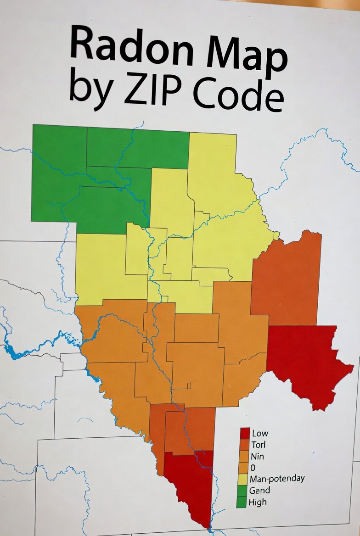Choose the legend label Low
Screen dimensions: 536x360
260,433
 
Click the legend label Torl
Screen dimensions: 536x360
258,445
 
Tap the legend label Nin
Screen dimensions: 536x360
257,457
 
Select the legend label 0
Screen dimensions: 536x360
253,468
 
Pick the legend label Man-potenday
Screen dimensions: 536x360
277,479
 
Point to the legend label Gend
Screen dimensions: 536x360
259,491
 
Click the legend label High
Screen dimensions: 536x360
257,502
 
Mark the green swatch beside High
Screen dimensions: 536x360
242,502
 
